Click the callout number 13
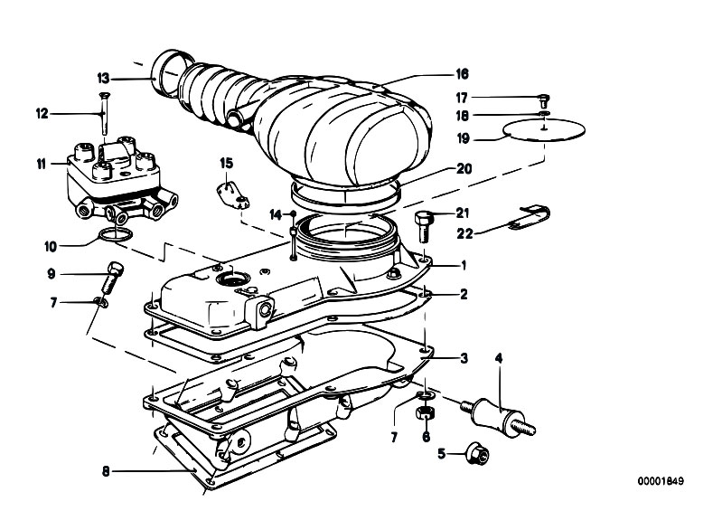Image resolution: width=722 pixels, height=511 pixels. point(104,79)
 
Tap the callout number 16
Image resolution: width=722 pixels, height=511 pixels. point(462,74)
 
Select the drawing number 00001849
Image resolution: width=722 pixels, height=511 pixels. point(661,481)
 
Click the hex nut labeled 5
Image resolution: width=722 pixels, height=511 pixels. point(476,454)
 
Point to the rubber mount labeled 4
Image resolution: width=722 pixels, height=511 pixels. point(498,415)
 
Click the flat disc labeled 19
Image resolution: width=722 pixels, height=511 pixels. point(544,129)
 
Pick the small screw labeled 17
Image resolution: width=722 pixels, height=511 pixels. point(544,100)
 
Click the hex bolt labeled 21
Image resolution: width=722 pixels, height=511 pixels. point(423,227)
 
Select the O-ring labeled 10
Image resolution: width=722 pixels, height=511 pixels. point(115,233)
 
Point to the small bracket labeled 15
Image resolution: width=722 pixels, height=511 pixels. point(233,195)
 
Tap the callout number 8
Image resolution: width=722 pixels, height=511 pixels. point(106,472)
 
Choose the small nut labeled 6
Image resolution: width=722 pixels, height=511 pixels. point(425,412)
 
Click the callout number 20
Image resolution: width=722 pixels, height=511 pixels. point(464,169)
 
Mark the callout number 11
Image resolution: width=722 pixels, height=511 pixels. point(42,164)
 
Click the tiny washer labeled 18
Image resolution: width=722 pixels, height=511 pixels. point(545,113)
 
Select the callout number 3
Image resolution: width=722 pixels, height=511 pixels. point(464,358)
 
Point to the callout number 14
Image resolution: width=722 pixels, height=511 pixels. point(276,214)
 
